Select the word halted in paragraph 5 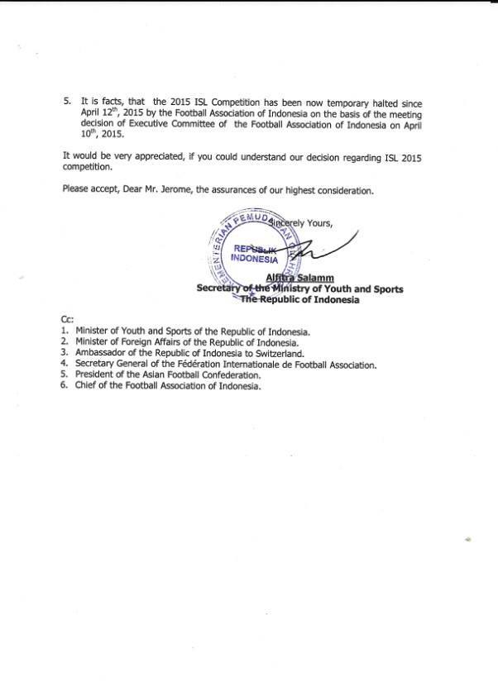point(391,102)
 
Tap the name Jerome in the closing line point(170,190)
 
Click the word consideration point(342,190)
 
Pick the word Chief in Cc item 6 point(86,386)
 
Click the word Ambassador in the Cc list point(102,353)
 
